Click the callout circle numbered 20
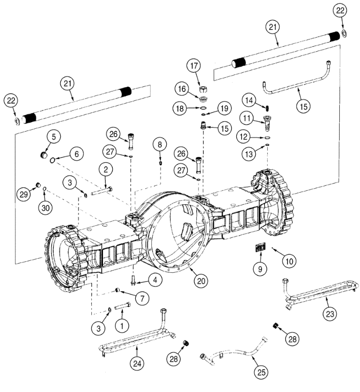(201, 281)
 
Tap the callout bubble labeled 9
(260, 269)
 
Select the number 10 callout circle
(289, 262)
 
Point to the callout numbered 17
(194, 66)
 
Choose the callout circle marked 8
(160, 144)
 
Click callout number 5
(54, 137)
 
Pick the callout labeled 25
(261, 372)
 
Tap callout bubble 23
(330, 313)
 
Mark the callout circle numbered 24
(137, 363)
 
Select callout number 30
(45, 208)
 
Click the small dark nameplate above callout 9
(260, 248)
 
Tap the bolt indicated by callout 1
(123, 306)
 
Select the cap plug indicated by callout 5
(44, 154)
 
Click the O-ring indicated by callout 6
(53, 160)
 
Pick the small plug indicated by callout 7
(117, 290)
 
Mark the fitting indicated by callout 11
(267, 123)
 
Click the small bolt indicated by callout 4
(133, 280)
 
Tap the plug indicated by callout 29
(39, 185)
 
